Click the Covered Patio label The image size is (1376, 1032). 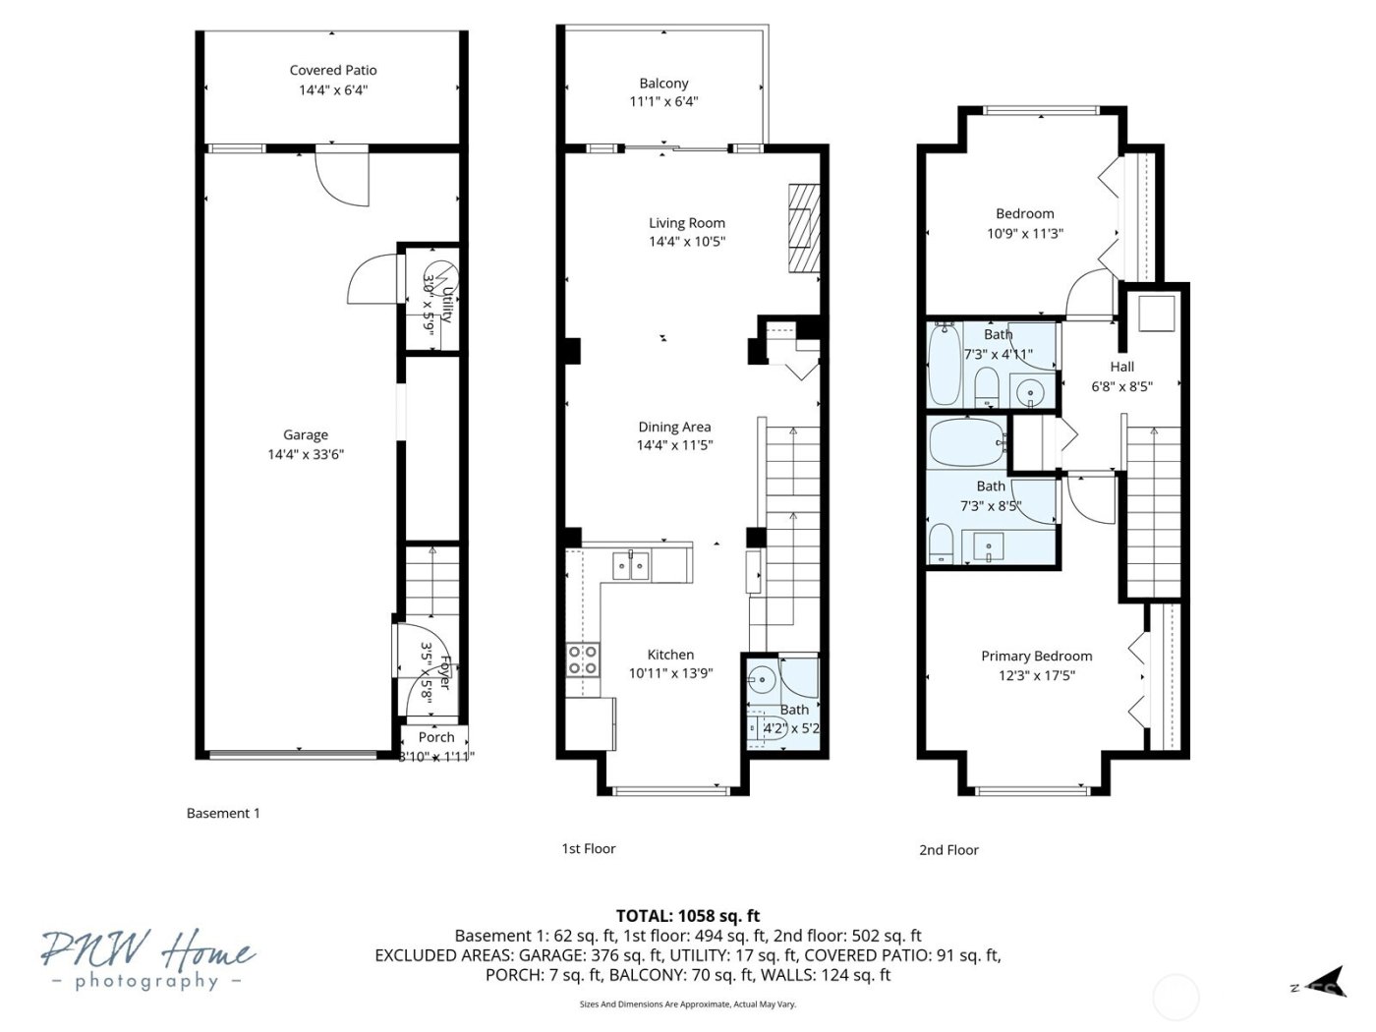point(333,70)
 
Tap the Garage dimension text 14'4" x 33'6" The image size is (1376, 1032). point(306,454)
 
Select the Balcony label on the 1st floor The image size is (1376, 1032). point(663,84)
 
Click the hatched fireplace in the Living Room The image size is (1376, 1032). point(803,227)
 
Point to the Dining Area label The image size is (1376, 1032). point(674,427)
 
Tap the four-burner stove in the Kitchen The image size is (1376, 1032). point(583,659)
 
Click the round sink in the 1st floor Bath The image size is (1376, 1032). point(762,678)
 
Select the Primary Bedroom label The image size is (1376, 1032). point(1036,656)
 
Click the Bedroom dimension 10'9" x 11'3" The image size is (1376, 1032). point(1025,234)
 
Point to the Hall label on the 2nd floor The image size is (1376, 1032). point(1121,367)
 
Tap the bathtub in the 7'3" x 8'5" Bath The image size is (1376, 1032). point(967,442)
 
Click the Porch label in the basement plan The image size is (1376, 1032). point(436,737)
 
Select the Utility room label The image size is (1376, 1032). point(446,305)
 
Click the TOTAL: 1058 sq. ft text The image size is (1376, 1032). point(687,916)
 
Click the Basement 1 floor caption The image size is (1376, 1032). point(223,813)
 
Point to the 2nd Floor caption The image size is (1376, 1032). point(948,850)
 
